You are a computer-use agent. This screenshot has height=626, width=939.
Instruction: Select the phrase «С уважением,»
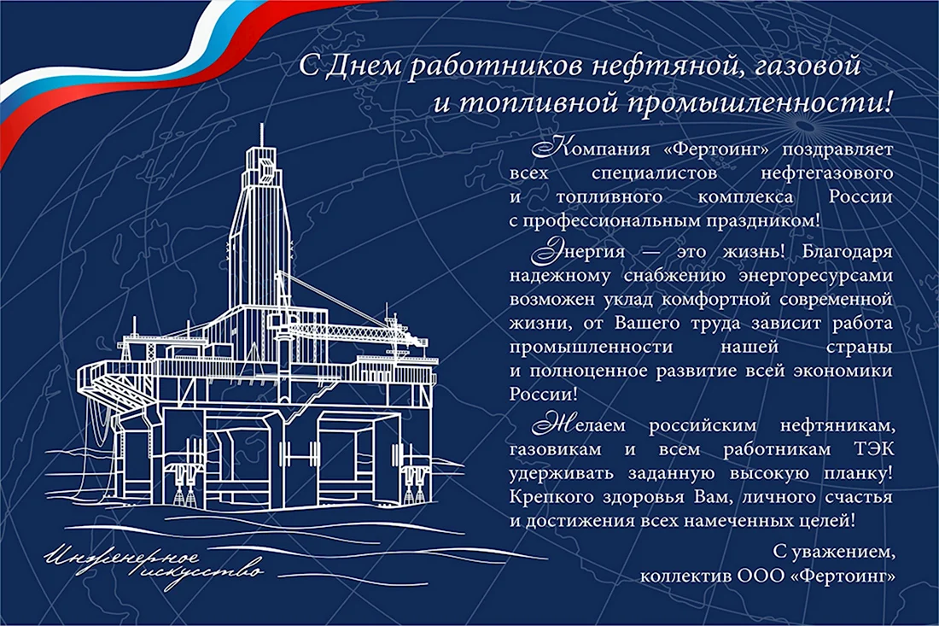click(x=834, y=552)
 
